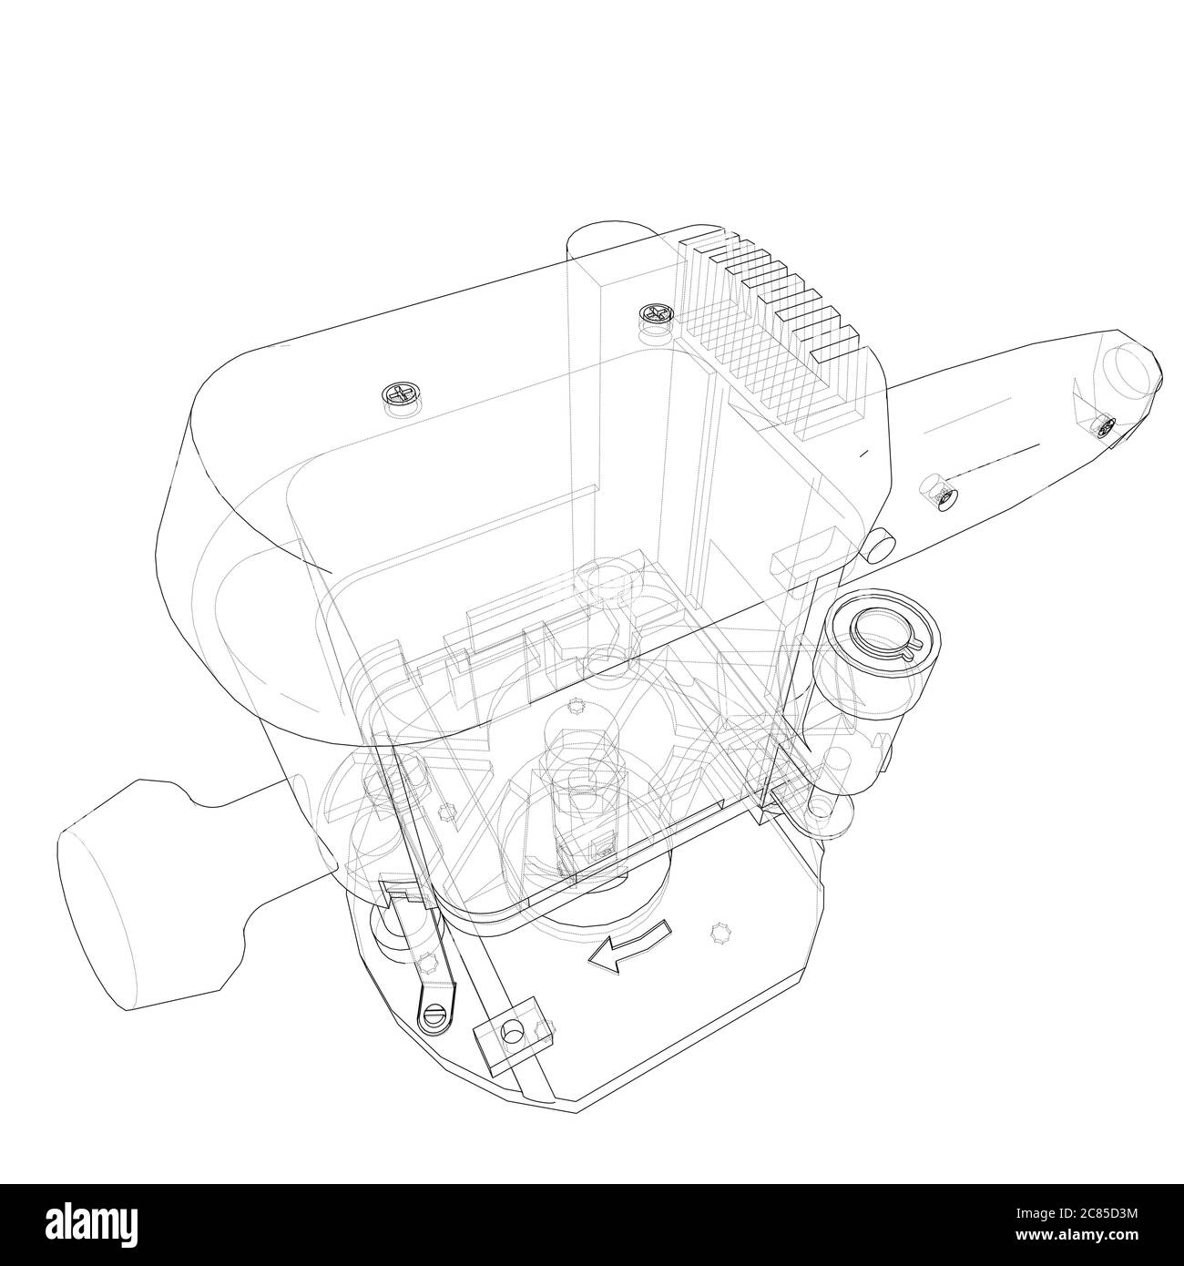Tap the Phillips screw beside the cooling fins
point(656,315)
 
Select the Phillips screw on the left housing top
point(398,395)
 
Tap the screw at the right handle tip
point(1105,425)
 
